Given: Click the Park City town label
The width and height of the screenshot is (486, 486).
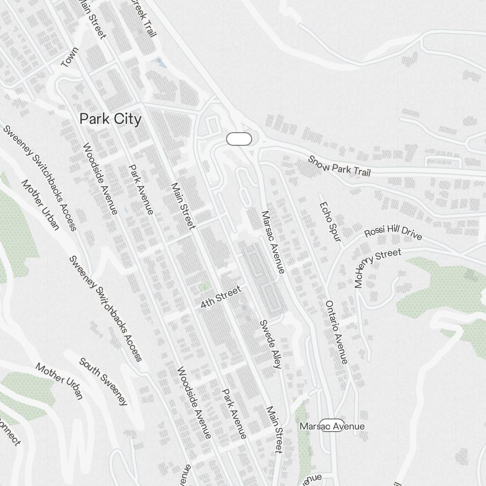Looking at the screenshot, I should [110, 119].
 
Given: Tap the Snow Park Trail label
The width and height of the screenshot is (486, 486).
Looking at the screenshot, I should [339, 166].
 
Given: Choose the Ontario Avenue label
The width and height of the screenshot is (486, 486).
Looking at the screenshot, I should [336, 331].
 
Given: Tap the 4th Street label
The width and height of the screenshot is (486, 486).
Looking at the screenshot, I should [221, 297].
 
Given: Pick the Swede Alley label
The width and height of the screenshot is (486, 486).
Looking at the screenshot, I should [270, 344].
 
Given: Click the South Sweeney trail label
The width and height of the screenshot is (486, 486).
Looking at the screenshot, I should [103, 382].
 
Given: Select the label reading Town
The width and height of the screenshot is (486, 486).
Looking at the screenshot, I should [69, 57].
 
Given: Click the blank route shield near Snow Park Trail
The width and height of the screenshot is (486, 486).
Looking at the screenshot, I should [239, 139].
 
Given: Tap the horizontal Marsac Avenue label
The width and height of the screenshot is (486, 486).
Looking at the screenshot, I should [332, 426].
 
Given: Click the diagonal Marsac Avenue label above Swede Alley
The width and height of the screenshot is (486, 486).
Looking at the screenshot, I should [273, 242].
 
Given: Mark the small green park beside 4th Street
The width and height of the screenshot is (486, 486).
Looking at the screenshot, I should [205, 287].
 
